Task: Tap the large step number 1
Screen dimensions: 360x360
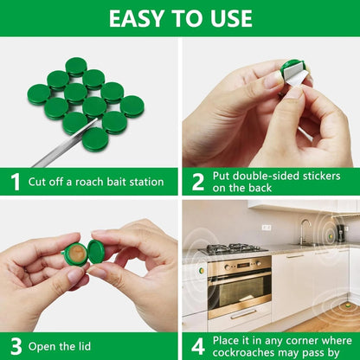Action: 15,182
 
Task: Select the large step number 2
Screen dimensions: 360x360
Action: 198,182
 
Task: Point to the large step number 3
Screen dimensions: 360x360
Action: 15,346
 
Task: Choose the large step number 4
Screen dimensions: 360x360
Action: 198,346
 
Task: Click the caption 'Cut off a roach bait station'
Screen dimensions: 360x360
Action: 95,182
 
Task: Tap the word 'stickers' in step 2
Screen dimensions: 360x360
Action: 321,176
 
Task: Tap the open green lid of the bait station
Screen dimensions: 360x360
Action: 96,252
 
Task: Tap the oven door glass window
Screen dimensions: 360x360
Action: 239,291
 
